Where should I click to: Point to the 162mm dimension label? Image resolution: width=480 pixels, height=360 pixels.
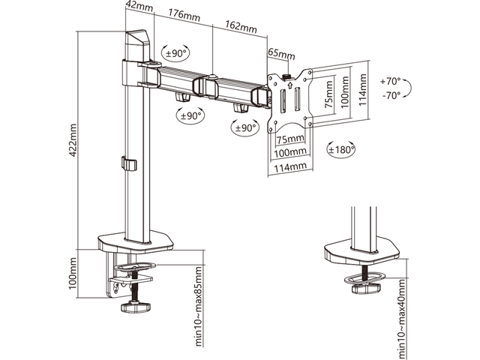(x=241, y=28)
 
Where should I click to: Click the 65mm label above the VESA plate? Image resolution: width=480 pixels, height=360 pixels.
(x=281, y=55)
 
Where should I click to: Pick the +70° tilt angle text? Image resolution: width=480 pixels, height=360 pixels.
(x=391, y=81)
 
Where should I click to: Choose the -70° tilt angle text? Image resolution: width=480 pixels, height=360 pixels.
(x=391, y=95)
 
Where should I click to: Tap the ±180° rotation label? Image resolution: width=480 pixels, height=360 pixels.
(x=341, y=150)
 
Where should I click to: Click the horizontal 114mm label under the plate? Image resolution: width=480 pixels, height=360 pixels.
(x=288, y=166)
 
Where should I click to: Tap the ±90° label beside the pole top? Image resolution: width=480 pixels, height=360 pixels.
(x=175, y=53)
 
